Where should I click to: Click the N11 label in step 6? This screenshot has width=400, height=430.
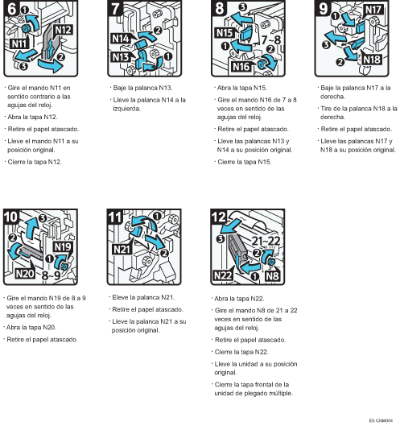19,43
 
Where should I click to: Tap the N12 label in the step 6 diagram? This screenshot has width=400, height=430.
63,30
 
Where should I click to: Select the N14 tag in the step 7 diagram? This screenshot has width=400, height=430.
121,39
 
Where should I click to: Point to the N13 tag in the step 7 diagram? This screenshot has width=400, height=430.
121,57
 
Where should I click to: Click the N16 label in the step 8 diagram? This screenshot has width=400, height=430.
241,66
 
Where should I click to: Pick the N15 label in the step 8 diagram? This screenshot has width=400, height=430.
225,33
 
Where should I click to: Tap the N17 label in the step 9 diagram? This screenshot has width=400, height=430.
373,10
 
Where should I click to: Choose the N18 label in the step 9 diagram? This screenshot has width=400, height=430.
372,60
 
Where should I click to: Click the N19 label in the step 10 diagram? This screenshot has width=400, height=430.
63,247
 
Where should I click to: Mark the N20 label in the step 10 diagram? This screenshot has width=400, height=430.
25,274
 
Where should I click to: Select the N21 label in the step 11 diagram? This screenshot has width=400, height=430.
122,250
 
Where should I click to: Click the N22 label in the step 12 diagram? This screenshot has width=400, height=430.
223,275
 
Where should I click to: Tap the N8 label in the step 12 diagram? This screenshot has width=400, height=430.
272,275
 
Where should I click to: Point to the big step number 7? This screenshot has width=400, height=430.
116,9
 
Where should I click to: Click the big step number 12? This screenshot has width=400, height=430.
219,217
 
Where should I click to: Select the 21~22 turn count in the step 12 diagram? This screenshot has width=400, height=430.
266,241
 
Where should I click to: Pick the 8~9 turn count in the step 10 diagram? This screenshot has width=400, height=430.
51,275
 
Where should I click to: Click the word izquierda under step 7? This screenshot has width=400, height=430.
126,109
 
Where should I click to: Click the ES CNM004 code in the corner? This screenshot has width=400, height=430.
381,420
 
